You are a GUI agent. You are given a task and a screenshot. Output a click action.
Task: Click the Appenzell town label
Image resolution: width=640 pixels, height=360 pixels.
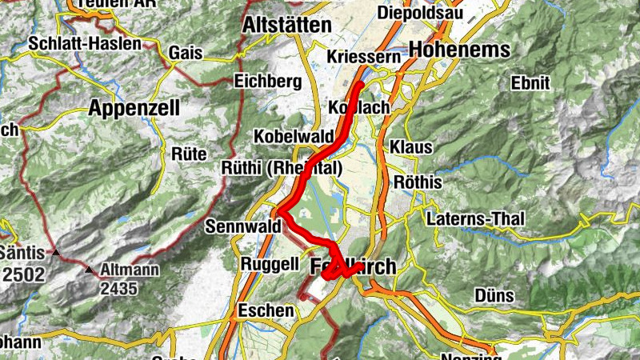pos(134,107)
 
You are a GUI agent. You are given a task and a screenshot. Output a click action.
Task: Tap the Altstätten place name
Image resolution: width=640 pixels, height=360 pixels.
pos(286,26)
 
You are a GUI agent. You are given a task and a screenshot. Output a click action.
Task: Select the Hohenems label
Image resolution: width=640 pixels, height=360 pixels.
pos(459,50)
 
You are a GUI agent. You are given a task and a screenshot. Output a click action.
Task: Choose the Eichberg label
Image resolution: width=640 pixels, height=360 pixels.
pos(267,81)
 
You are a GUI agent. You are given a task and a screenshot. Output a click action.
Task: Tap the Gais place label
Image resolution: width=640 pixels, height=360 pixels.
pos(185,53)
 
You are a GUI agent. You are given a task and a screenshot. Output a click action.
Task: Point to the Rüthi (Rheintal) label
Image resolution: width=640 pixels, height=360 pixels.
pos(282,168)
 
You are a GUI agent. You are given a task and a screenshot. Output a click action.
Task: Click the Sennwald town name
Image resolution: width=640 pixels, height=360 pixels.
pos(243,226)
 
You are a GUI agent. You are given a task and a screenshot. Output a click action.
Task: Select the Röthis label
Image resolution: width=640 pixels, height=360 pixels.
pos(415,182)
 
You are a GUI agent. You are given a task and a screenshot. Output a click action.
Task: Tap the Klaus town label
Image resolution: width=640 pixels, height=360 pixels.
pos(411,147)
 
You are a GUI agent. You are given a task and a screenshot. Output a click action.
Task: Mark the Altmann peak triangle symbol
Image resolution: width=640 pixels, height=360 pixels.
pos(90,270)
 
